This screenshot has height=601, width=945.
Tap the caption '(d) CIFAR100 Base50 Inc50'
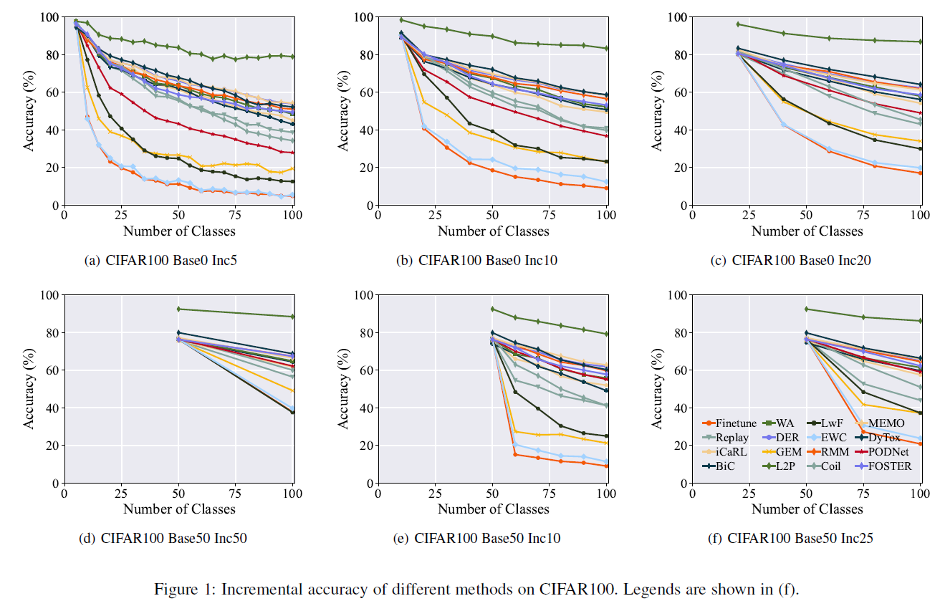point(163,538)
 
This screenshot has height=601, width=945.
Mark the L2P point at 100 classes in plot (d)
point(292,317)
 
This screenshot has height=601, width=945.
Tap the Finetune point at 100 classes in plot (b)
point(607,188)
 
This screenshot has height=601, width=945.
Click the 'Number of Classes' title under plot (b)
point(493,231)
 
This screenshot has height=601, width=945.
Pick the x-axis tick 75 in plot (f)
point(863,494)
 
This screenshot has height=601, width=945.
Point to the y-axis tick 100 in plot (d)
point(49,294)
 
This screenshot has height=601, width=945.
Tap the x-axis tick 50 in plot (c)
point(806,215)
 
